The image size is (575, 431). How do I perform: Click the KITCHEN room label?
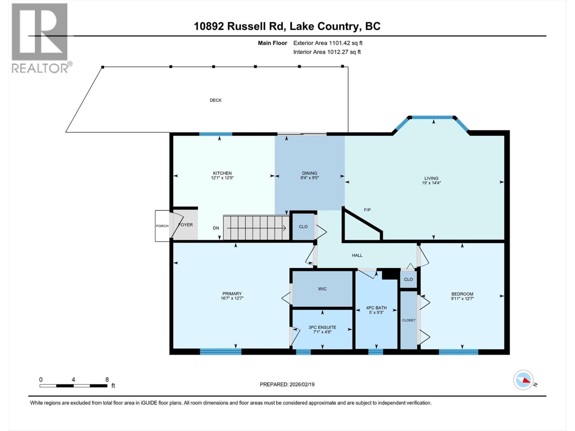(222, 173)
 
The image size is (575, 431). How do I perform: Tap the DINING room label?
(309, 173)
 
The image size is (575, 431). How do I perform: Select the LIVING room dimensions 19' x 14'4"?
(431, 183)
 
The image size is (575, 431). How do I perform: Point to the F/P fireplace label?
(367, 210)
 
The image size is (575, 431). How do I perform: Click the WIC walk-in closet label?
(322, 289)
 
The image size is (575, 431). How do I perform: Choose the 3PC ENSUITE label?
(322, 327)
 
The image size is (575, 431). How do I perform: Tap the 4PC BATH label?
(376, 308)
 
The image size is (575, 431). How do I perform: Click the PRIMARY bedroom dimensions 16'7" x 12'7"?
(232, 298)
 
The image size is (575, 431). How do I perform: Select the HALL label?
(357, 255)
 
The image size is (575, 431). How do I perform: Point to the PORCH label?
(162, 226)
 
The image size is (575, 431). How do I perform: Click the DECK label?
(216, 100)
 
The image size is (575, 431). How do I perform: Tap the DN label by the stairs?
(216, 228)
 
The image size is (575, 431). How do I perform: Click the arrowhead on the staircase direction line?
(284, 228)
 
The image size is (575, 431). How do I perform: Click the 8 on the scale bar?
(107, 379)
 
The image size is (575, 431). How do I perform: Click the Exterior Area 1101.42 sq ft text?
(328, 43)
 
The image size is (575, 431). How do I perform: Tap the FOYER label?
(186, 225)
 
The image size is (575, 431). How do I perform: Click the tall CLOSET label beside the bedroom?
(409, 320)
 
